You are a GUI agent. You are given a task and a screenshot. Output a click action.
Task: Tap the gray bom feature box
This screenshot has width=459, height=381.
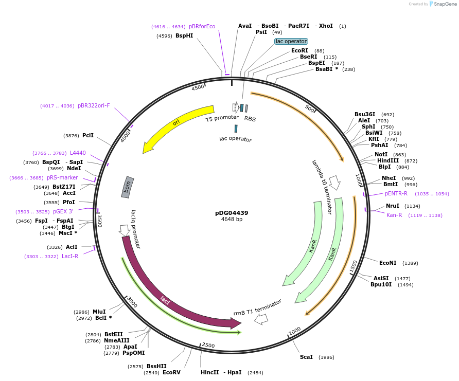click(128, 187)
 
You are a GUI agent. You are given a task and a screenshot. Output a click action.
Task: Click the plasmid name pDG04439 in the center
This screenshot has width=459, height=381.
click(232, 213)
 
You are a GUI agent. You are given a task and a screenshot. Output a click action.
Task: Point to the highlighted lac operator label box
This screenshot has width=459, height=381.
click(291, 41)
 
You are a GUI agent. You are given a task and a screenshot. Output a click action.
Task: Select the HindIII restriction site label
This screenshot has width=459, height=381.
click(388, 160)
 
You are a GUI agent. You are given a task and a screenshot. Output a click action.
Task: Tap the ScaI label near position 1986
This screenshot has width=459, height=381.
click(306, 357)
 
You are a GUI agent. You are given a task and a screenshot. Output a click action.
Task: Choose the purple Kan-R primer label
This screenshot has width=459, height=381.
click(394, 215)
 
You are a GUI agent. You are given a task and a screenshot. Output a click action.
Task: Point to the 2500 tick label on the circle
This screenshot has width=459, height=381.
click(208, 345)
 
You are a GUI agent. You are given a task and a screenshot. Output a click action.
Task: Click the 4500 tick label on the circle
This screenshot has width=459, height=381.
click(198, 88)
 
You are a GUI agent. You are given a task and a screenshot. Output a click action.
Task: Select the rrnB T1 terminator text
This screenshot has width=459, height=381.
click(257, 307)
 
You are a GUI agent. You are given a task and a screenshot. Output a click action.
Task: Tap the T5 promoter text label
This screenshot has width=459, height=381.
click(222, 118)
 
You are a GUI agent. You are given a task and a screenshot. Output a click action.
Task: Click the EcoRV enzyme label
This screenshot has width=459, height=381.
click(171, 372)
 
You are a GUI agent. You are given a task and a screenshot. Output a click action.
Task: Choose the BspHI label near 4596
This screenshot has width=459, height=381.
click(184, 36)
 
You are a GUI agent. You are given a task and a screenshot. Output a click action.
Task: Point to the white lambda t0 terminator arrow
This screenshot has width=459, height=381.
click(334, 182)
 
